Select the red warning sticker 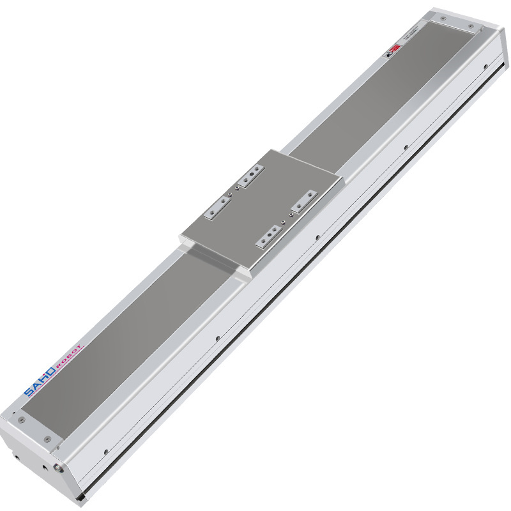pyautogui.click(x=395, y=48)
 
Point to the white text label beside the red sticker pyautogui.click(x=409, y=36)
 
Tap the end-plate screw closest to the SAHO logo pyautogui.click(x=22, y=419)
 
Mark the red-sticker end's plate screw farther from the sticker pyautogui.click(x=471, y=27)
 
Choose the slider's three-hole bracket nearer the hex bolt pyautogui.click(x=269, y=234)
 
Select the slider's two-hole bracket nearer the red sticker pyautogui.click(x=252, y=175)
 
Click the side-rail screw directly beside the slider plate pyautogui.click(x=317, y=237)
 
